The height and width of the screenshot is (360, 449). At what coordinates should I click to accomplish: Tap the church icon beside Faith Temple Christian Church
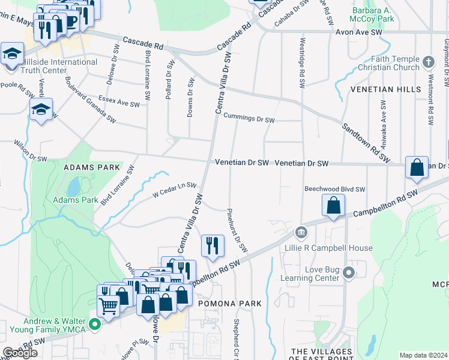click(428, 62)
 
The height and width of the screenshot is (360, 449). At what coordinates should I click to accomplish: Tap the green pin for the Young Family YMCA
click(94, 325)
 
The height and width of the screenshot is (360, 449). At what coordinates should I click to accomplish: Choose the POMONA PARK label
click(231, 304)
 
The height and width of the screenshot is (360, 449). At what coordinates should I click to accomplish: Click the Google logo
click(19, 353)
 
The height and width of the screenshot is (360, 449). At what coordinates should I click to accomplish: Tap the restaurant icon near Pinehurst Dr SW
click(212, 245)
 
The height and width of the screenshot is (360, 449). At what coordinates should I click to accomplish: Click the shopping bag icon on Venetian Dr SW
click(417, 167)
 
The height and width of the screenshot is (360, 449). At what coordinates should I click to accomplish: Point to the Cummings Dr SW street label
click(249, 121)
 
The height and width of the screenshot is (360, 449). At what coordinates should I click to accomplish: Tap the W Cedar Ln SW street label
click(175, 190)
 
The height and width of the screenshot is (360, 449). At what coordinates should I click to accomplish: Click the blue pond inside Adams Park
click(73, 187)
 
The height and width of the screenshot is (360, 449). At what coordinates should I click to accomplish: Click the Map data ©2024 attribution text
click(423, 355)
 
